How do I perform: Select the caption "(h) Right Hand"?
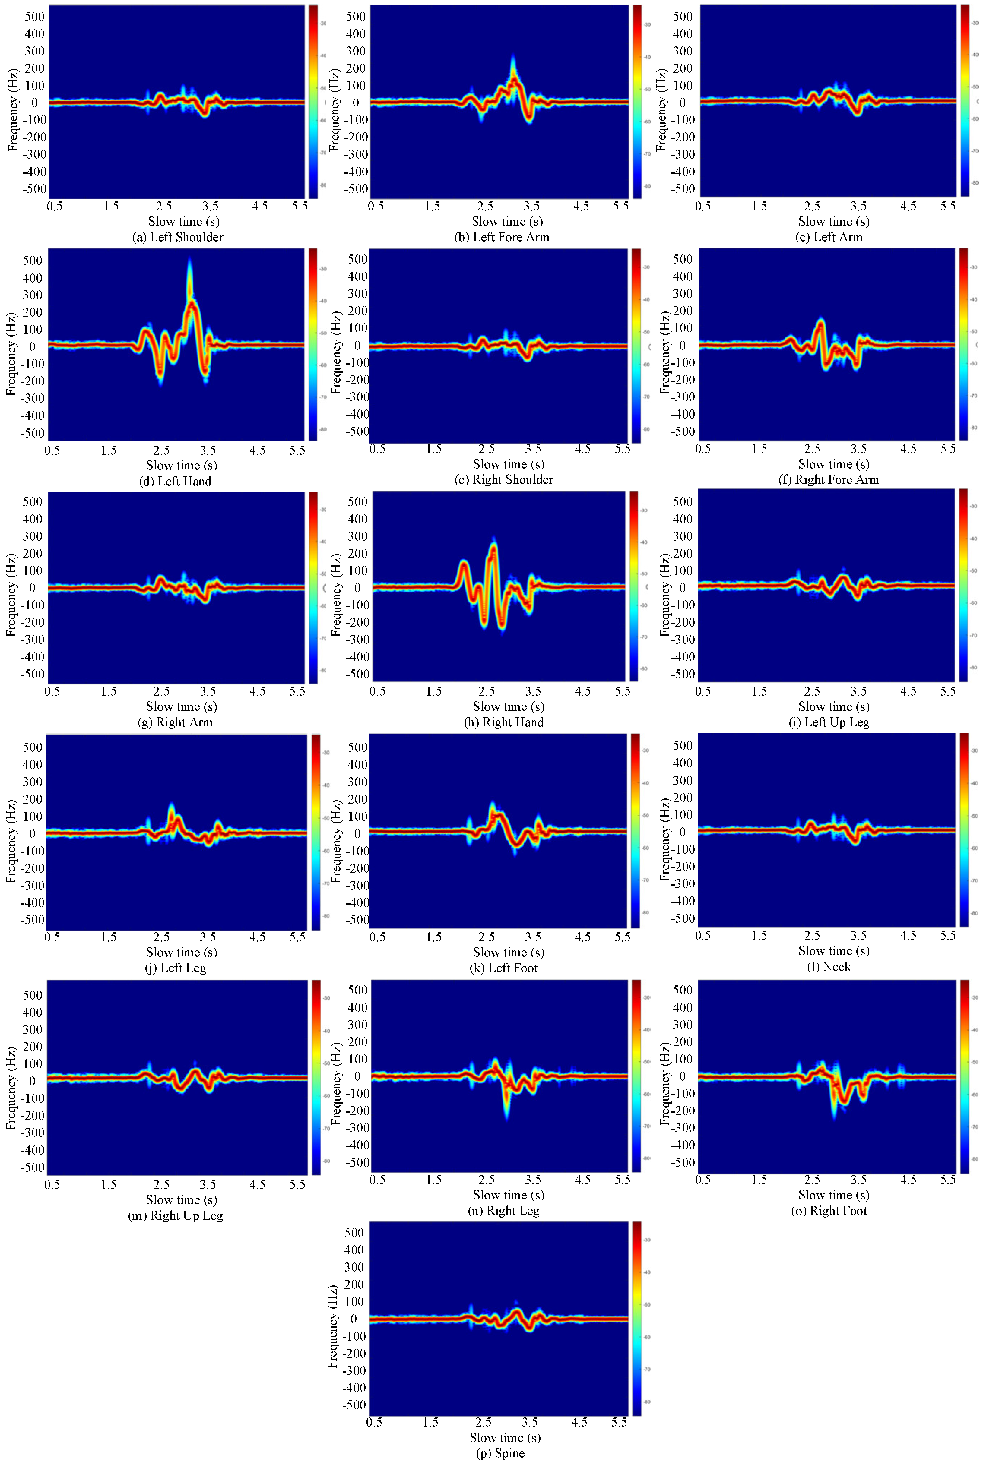503,722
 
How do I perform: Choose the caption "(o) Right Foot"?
829,1211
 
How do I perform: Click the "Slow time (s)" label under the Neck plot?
834,950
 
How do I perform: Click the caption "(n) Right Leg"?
503,1211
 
